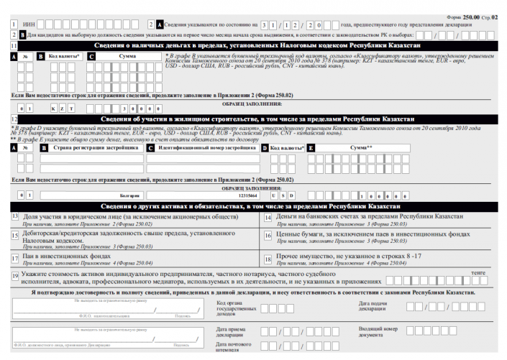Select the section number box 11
point(14,45)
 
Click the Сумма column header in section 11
point(128,55)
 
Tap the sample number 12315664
point(247,195)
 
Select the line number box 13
point(15,217)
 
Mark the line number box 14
point(267,217)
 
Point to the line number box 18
point(267,259)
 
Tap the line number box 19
point(15,277)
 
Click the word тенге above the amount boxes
point(478,272)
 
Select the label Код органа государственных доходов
point(235,309)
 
